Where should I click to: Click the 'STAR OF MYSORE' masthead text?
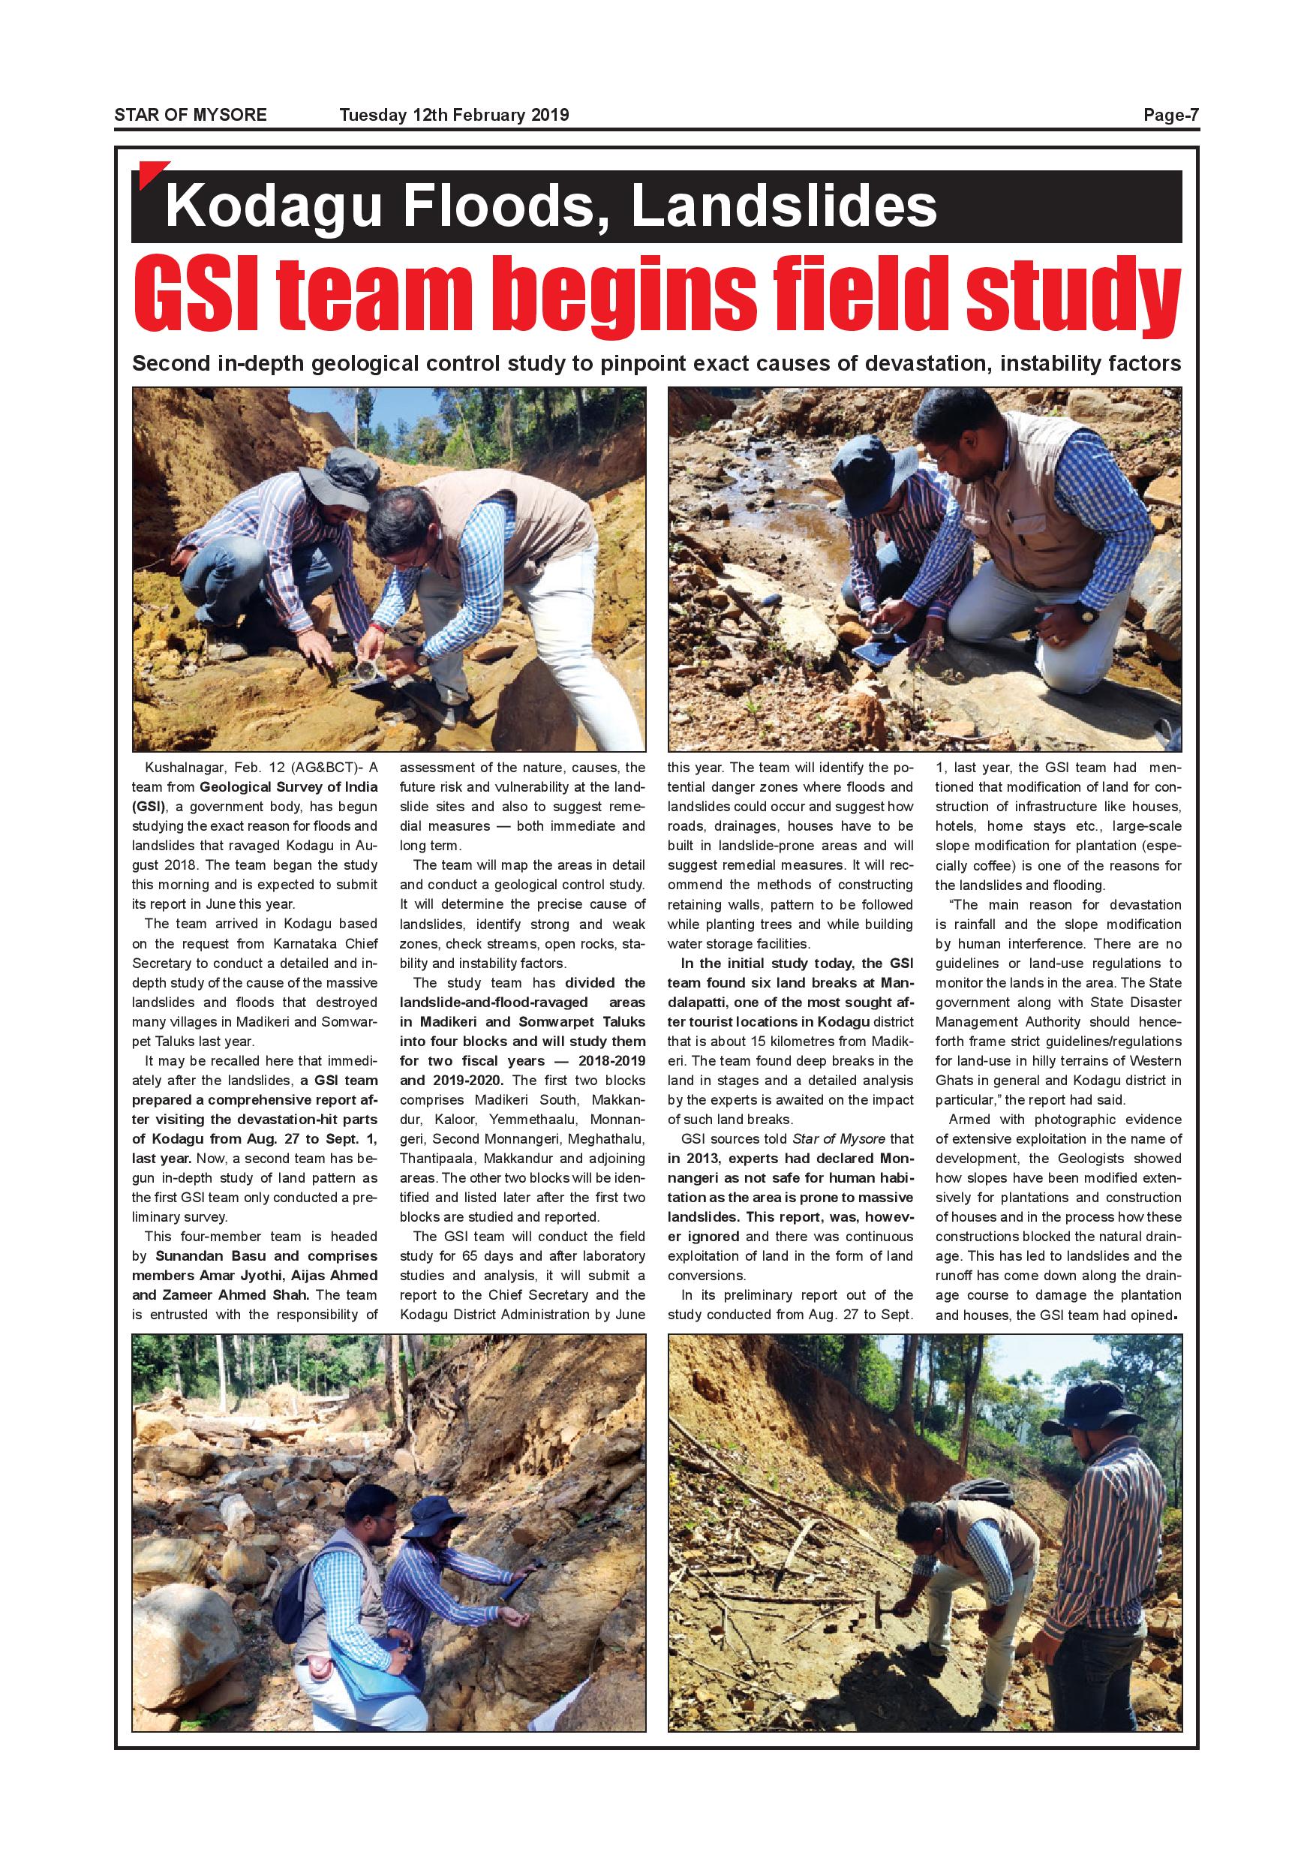click(x=191, y=115)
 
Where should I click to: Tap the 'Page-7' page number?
click(x=1170, y=115)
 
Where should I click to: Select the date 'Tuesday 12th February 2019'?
click(x=454, y=115)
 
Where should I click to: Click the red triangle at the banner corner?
click(x=149, y=173)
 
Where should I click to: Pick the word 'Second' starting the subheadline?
click(x=171, y=364)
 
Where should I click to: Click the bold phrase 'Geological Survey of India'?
click(x=288, y=786)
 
